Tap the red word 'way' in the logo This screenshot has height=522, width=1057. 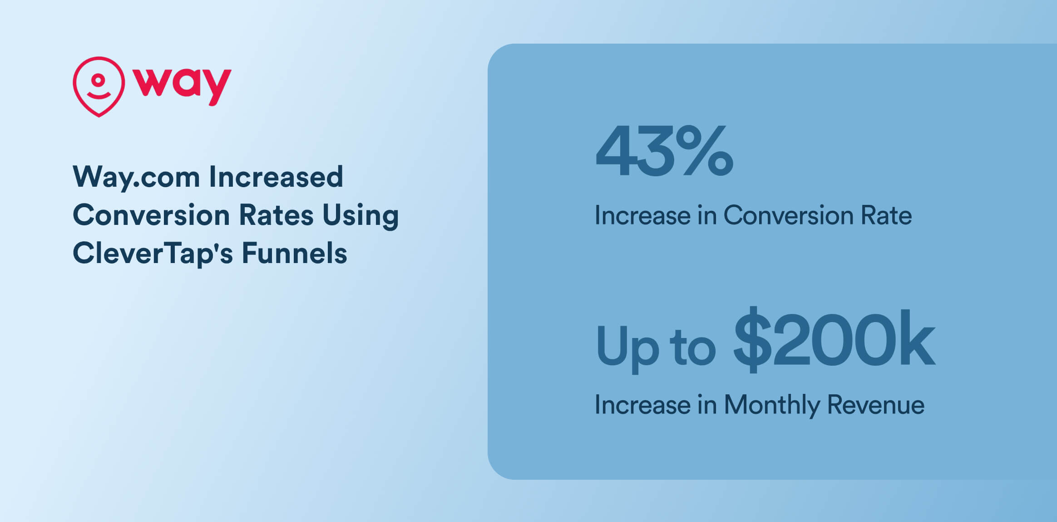pos(182,85)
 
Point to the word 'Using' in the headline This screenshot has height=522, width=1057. pos(361,215)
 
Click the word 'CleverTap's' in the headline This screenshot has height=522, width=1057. pos(153,254)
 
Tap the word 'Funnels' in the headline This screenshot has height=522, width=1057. pos(294,253)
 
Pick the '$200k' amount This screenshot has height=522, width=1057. pos(834,340)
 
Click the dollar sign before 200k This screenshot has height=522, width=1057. pos(752,340)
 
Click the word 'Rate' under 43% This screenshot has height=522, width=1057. pos(886,215)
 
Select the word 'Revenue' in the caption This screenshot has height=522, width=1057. pos(875,405)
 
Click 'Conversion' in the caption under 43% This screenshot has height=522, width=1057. pos(788,215)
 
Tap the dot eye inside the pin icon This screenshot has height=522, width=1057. pos(98,80)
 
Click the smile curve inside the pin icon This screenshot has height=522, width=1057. pos(99,95)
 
